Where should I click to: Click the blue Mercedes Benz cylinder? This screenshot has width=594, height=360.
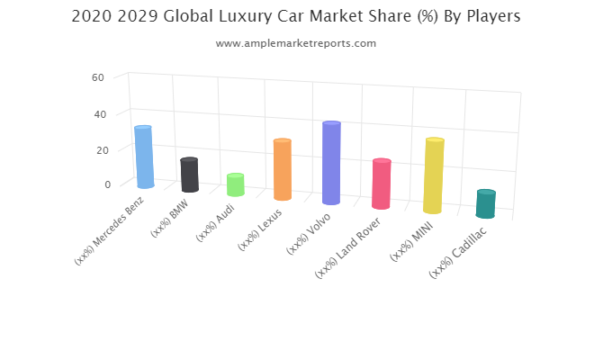144,157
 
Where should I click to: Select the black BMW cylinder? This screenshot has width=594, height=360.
189,175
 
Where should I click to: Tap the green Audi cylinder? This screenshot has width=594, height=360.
235,184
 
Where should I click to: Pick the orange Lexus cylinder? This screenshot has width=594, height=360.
283,169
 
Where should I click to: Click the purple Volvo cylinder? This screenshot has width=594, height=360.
331,163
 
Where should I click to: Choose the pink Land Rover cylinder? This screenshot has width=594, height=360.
381,184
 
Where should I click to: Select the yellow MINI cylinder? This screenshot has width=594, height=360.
434,175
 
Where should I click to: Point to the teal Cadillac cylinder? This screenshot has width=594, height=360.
486,204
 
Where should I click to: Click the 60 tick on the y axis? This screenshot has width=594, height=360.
98,77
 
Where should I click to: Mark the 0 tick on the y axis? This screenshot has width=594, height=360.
106,184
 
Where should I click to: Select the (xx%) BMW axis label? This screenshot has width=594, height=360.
168,220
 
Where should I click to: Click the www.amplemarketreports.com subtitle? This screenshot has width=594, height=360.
297,43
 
